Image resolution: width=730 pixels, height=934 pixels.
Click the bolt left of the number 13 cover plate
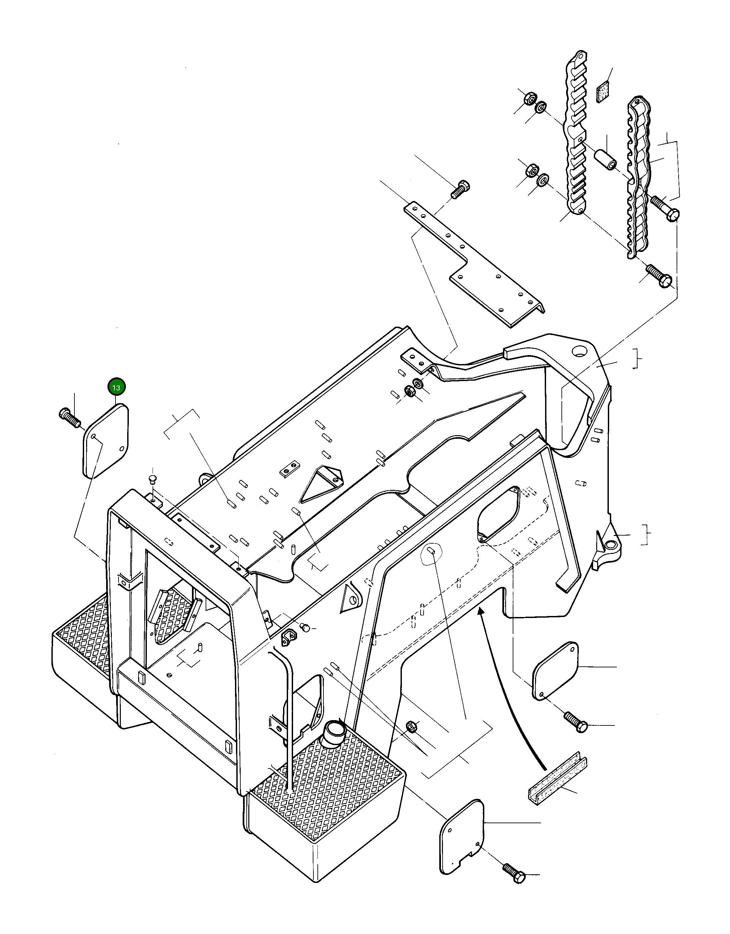tap(69, 418)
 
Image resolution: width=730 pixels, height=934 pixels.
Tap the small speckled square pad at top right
tap(603, 91)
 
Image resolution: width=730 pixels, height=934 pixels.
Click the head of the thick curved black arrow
tap(481, 613)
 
